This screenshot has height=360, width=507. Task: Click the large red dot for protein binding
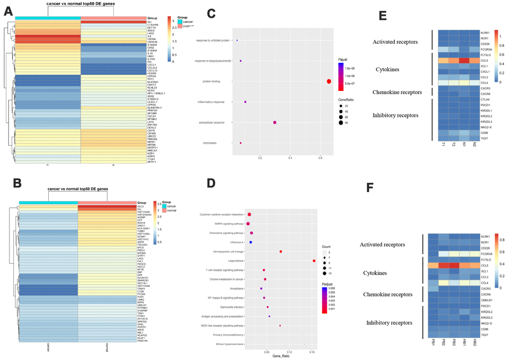coord(329,82)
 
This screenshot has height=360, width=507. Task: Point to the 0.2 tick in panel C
coord(260,159)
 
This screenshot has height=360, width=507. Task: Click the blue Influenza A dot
coord(251,242)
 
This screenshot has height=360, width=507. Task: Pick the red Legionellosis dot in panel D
coord(314,261)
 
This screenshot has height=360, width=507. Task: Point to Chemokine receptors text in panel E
coord(397,92)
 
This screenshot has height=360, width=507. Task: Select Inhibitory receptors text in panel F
coord(389,323)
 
